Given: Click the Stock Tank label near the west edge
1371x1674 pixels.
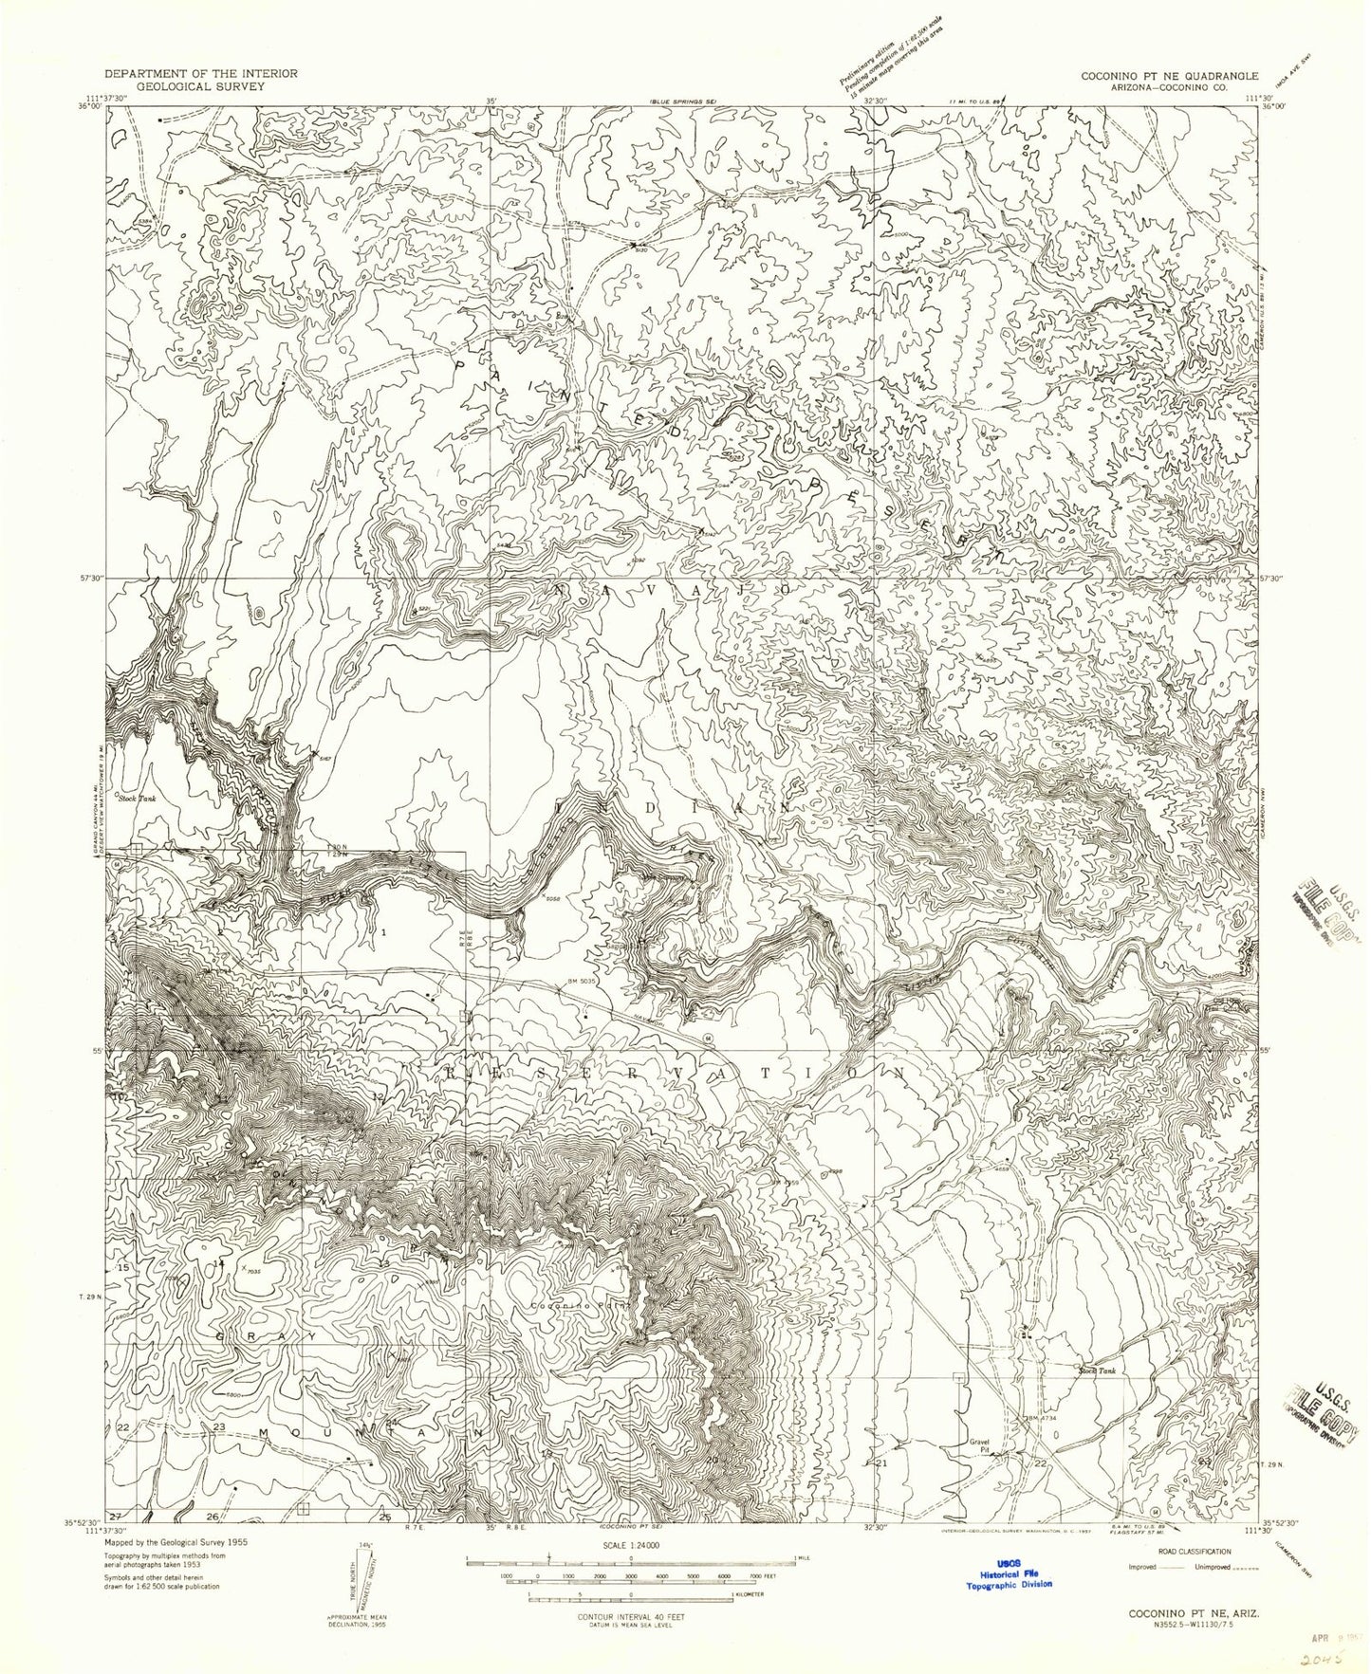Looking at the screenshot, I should [x=137, y=799].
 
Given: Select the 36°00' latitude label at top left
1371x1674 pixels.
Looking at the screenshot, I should [x=89, y=107].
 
